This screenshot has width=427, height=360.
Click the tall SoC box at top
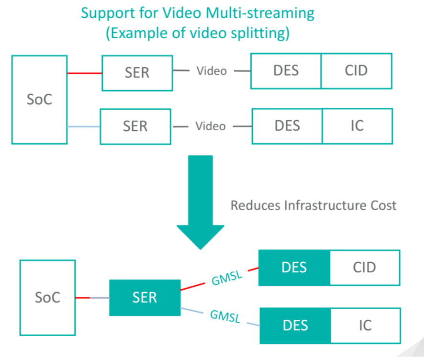(x=39, y=99)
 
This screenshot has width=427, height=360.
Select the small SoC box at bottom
(x=47, y=297)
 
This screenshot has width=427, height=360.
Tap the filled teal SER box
(x=145, y=297)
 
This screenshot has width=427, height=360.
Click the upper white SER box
(x=137, y=73)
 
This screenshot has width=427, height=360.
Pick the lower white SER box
(x=135, y=126)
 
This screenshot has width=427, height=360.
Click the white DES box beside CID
(x=286, y=71)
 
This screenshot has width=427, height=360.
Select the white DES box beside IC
(x=287, y=126)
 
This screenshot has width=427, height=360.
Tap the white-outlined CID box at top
(x=356, y=71)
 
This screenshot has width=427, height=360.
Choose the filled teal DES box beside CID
(x=294, y=268)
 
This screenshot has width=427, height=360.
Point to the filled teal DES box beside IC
(x=295, y=326)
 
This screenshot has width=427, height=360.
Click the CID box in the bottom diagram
(x=364, y=268)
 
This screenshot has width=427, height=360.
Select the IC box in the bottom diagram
(x=365, y=326)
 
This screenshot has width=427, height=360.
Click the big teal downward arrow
(x=200, y=201)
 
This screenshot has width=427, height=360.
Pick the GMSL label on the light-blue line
(x=225, y=316)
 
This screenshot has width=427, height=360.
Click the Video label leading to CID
(x=212, y=71)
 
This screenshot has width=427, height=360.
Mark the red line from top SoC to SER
(x=84, y=73)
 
